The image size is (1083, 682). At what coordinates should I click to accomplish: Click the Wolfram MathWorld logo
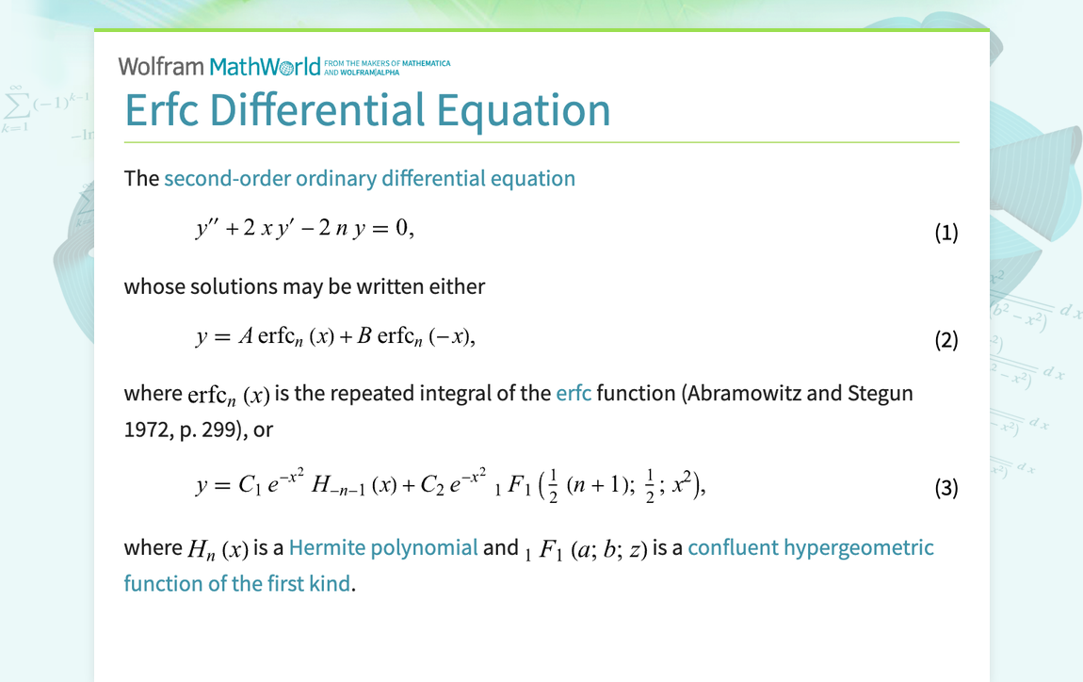[x=219, y=66]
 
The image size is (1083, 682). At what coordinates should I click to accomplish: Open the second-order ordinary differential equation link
[x=369, y=179]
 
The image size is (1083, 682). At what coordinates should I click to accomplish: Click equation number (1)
[x=946, y=233]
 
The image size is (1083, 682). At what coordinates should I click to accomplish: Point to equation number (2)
[x=946, y=340]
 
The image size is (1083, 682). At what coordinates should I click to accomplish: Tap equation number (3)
[x=946, y=488]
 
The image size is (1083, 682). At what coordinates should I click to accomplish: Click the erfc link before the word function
[x=574, y=393]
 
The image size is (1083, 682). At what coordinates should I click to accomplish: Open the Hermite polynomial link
[x=383, y=548]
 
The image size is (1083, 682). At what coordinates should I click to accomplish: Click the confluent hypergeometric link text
[x=810, y=548]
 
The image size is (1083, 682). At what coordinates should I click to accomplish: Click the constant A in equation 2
[x=244, y=337]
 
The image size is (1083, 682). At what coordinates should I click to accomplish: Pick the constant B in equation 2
[x=364, y=337]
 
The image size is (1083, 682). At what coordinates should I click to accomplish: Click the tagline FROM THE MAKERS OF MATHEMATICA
[x=386, y=64]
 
